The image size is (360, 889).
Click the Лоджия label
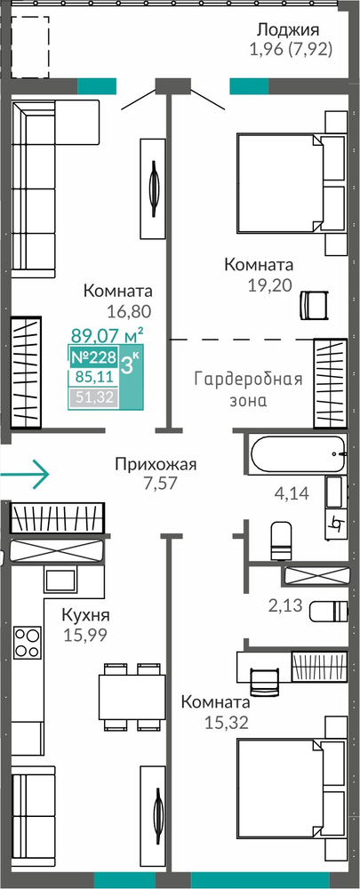288,29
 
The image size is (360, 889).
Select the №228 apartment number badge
93,357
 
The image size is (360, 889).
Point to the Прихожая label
156,466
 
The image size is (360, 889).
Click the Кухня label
85,616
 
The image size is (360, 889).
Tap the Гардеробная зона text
248,389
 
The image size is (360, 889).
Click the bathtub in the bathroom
297,453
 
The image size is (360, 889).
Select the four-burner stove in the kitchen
28,643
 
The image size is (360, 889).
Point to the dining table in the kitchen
132,696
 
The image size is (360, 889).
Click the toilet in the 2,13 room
328,612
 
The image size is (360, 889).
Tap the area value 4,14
291,493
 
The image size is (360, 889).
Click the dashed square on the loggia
30,47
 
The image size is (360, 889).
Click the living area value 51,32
93,397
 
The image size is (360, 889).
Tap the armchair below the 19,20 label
314,305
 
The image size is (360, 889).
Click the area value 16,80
128,311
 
